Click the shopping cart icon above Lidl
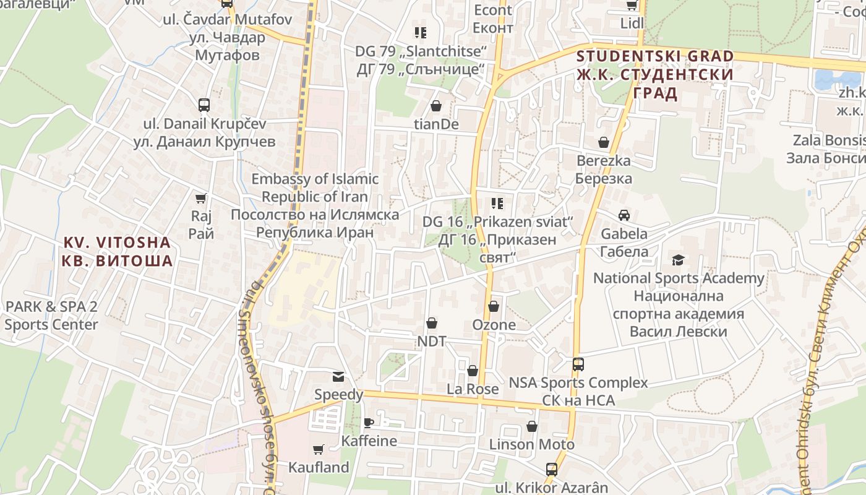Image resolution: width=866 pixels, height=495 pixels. [x=632, y=6]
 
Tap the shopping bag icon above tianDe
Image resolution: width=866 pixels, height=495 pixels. [x=436, y=106]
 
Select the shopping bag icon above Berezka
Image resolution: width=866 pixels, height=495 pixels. [x=604, y=143]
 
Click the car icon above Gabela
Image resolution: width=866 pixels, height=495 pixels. [x=624, y=215]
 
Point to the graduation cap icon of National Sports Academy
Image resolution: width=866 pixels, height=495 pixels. [x=679, y=260]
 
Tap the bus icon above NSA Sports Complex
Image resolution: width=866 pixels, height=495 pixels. [x=578, y=364]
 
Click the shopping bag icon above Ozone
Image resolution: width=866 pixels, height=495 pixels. [x=494, y=306]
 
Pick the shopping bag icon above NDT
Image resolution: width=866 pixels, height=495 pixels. [x=432, y=323]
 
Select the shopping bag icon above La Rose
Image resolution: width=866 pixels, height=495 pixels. [x=473, y=371]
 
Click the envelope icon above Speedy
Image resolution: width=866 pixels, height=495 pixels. [x=338, y=377]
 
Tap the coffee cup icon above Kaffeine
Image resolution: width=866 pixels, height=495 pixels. [x=369, y=423]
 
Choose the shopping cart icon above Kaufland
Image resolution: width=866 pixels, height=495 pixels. [x=319, y=449]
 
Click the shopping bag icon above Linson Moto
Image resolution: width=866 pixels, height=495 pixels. [x=532, y=426]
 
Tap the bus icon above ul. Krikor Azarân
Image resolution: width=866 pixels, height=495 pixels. [x=552, y=470]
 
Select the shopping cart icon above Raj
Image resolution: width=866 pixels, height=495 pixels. [x=200, y=199]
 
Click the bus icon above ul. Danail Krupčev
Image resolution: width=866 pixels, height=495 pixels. [x=204, y=105]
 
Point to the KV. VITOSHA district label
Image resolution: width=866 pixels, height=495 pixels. [x=117, y=251]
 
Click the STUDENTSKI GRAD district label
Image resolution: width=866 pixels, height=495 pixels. [x=655, y=75]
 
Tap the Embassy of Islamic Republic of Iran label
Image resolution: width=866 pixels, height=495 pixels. [x=315, y=205]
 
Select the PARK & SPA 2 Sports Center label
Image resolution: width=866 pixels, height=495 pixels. [x=51, y=316]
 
